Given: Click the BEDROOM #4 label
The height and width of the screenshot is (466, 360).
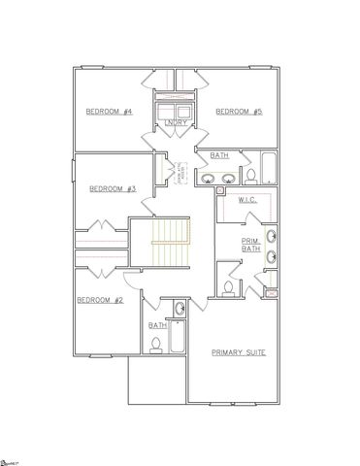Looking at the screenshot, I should (109, 112).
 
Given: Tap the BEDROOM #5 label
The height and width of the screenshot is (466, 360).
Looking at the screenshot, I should (237, 112).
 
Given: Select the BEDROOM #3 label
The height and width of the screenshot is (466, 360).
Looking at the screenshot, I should (110, 188).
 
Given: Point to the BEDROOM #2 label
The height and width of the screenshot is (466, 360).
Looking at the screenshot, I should (100, 300).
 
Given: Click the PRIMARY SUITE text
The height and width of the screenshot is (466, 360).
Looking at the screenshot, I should (239, 350).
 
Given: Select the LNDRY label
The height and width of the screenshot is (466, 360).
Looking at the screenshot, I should (177, 122).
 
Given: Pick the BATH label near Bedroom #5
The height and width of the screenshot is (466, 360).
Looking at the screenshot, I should (219, 153).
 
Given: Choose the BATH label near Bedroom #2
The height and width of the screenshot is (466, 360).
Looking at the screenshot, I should (155, 326).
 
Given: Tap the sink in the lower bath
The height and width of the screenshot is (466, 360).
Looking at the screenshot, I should (179, 310).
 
